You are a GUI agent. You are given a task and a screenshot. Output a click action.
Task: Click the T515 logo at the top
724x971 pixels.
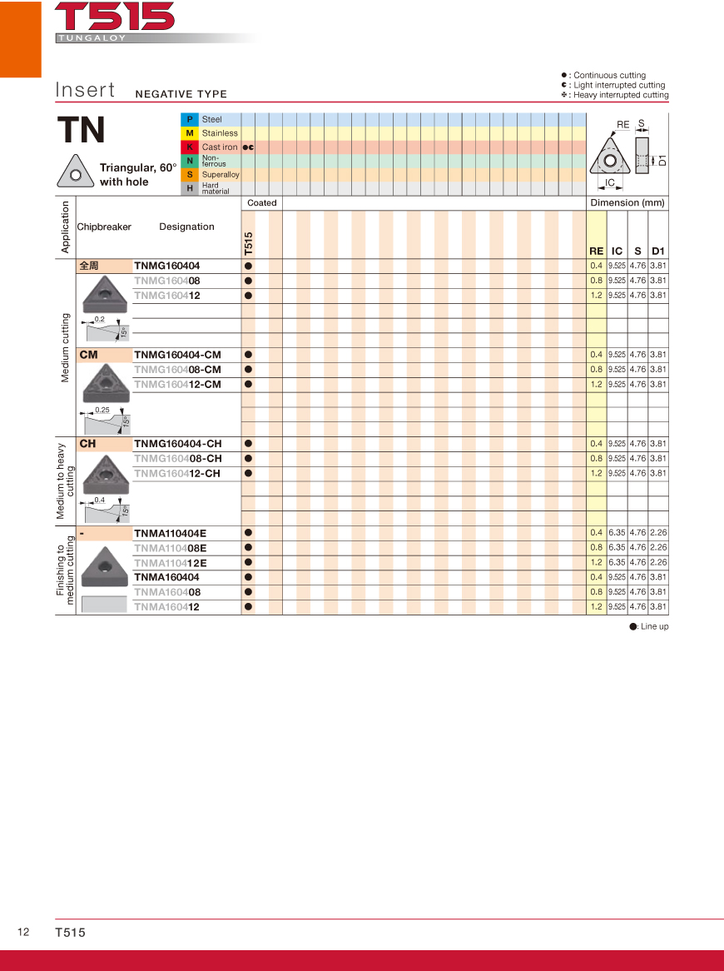(115, 17)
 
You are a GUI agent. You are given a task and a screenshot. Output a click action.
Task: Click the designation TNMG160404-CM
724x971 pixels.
(177, 355)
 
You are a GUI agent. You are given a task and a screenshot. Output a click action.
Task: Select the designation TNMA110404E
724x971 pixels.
(170, 533)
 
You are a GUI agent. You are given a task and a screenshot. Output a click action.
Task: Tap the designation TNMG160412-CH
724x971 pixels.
(177, 474)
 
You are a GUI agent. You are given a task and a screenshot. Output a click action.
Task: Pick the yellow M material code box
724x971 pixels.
(190, 133)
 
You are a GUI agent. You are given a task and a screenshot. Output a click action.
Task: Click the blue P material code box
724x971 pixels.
(190, 119)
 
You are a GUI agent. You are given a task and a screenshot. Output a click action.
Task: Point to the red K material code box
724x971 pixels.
(190, 147)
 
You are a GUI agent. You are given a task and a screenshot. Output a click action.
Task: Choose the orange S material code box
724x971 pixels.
(190, 175)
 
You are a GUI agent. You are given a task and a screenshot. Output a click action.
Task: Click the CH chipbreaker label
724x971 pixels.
(87, 444)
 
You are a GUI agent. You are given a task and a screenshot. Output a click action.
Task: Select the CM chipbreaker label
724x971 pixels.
(88, 355)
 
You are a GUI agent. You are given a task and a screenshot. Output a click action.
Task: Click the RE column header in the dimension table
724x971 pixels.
(596, 251)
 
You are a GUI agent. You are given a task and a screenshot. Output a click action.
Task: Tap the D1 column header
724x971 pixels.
(658, 251)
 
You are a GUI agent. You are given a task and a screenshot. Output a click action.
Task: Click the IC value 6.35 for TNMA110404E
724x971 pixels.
(617, 533)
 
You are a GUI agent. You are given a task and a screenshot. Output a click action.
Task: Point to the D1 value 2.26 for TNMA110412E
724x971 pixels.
(658, 563)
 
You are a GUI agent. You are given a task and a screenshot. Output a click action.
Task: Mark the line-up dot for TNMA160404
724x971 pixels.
(248, 577)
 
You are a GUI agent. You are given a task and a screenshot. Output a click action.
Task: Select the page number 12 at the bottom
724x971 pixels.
(23, 932)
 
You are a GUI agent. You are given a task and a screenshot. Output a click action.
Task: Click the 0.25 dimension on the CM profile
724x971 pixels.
(102, 410)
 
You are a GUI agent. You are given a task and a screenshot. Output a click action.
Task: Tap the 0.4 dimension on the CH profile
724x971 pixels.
(100, 500)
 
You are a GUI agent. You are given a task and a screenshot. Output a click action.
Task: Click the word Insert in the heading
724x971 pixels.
(85, 90)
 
